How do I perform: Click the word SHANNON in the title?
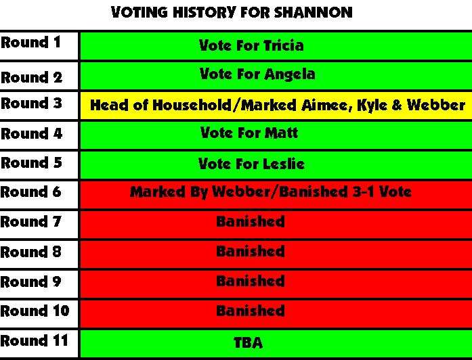pyautogui.click(x=313, y=12)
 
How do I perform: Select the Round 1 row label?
pyautogui.click(x=30, y=42)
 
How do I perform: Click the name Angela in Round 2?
pyautogui.click(x=290, y=74)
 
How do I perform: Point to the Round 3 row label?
pyautogui.click(x=31, y=103)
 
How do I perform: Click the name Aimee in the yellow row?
pyautogui.click(x=327, y=106)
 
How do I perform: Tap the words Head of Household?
pyautogui.click(x=160, y=106)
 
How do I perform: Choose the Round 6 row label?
pyautogui.click(x=30, y=192)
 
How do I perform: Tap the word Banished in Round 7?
pyautogui.click(x=251, y=222)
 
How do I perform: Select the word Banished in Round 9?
pyautogui.click(x=251, y=282)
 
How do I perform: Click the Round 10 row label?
pyautogui.click(x=35, y=311)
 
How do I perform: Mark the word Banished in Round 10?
pyautogui.click(x=251, y=311)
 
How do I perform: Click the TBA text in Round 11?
pyautogui.click(x=248, y=342)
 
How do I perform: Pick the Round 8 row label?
pyautogui.click(x=30, y=252)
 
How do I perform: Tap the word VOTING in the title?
pyautogui.click(x=140, y=12)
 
